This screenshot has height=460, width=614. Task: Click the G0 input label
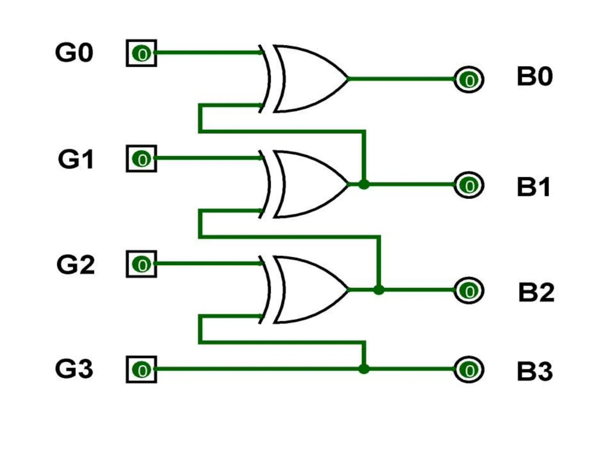click(74, 53)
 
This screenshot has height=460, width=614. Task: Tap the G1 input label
click(76, 159)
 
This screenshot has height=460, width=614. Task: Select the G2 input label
click(76, 265)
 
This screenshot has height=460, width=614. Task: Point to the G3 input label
click(74, 369)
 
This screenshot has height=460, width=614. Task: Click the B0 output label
click(535, 77)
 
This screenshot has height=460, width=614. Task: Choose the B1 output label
click(534, 187)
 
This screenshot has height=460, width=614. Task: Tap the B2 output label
click(536, 292)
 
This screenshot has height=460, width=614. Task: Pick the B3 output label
click(535, 371)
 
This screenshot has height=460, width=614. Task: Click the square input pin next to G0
click(142, 53)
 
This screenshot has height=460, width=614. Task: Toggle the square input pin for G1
click(142, 159)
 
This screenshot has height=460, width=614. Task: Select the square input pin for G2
click(142, 264)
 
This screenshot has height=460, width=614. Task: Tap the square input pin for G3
click(142, 370)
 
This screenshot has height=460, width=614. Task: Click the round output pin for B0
click(469, 80)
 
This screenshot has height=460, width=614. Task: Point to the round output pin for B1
click(469, 185)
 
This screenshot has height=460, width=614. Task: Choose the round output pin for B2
click(469, 290)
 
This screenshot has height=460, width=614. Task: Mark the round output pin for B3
click(469, 370)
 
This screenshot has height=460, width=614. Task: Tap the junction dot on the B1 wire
click(364, 184)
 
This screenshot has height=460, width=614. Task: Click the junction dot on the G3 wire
click(364, 369)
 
